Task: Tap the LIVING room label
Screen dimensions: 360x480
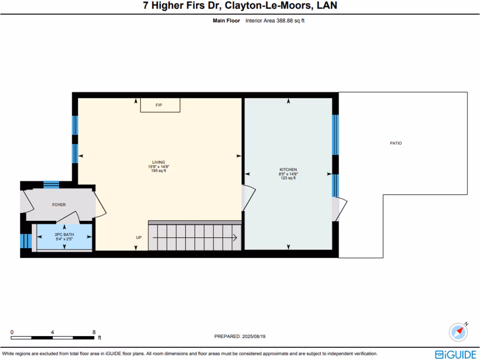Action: pyautogui.click(x=158, y=162)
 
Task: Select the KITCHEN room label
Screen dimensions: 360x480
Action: pyautogui.click(x=288, y=170)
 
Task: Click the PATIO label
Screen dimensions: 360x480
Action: pyautogui.click(x=396, y=143)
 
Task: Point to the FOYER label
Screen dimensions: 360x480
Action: pyautogui.click(x=59, y=205)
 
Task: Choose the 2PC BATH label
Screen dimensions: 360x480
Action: pyautogui.click(x=64, y=234)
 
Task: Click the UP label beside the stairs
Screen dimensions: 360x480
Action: pyautogui.click(x=139, y=238)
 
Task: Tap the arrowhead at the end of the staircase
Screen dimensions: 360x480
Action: pyautogui.click(x=235, y=238)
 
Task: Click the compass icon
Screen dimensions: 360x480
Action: pyautogui.click(x=458, y=332)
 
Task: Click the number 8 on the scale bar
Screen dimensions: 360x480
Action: pyautogui.click(x=94, y=332)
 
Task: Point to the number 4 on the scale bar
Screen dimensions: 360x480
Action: pyautogui.click(x=52, y=332)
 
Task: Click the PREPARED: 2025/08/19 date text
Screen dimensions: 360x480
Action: pyautogui.click(x=240, y=336)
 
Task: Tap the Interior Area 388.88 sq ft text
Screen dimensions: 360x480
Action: pyautogui.click(x=275, y=21)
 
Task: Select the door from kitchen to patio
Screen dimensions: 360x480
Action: pyautogui.click(x=340, y=209)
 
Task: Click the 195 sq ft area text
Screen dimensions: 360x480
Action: pyautogui.click(x=158, y=171)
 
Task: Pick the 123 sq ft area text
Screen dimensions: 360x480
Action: pyautogui.click(x=288, y=178)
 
